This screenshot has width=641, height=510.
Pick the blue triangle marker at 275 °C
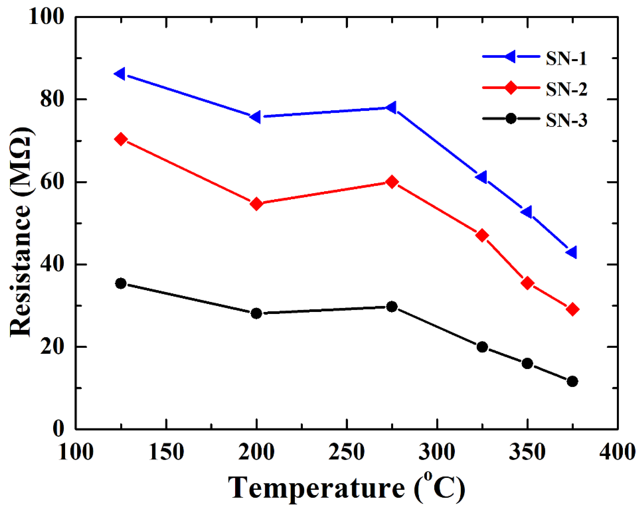[391, 107]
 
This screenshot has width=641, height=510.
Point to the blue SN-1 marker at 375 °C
[572, 252]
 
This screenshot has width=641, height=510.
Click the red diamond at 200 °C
[256, 204]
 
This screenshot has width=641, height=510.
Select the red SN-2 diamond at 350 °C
[527, 283]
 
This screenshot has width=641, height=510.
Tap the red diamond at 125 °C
[121, 139]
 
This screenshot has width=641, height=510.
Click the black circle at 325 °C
[482, 347]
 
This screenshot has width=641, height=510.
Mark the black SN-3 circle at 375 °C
[572, 381]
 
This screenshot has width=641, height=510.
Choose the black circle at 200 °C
[256, 313]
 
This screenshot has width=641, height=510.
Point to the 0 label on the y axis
[58, 429]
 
